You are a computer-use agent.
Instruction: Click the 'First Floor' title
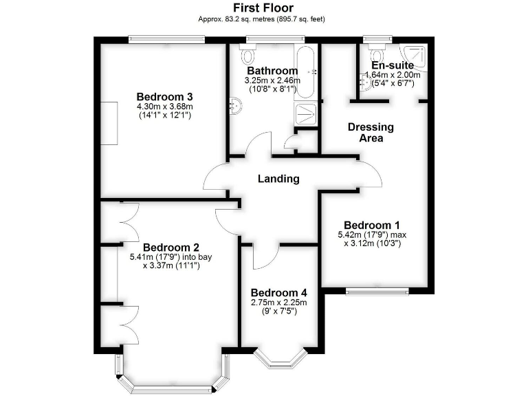click(263, 8)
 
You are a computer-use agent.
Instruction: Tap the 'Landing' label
click(278, 179)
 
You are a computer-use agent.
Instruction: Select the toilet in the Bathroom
click(248, 54)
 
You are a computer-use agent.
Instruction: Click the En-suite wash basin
click(364, 83)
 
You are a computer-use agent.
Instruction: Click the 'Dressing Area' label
click(371, 132)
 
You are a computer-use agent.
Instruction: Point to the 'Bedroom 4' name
click(278, 291)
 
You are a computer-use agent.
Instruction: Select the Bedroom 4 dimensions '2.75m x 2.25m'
click(278, 302)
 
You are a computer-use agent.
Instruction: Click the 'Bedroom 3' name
click(164, 96)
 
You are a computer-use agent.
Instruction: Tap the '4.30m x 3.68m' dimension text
click(165, 107)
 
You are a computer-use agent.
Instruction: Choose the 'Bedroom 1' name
click(371, 225)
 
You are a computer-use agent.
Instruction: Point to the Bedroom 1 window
click(377, 291)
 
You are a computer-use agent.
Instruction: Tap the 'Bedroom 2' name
click(170, 247)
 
